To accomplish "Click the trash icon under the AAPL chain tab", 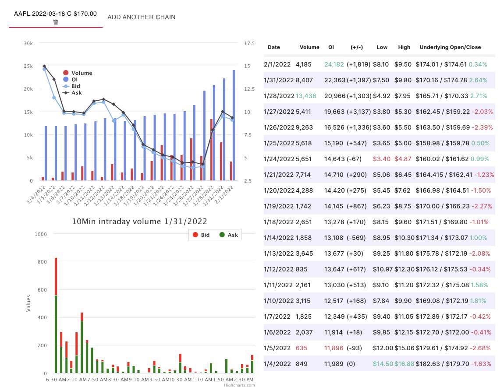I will [x=56, y=22].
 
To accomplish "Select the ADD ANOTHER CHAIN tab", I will [x=141, y=17].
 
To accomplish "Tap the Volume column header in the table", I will [x=309, y=47].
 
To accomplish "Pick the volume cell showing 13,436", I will [x=305, y=95].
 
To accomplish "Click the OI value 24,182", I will [x=334, y=64].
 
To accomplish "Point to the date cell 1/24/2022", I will [x=279, y=158].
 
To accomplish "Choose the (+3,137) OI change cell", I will [x=358, y=111].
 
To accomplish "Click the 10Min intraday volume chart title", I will [x=139, y=222].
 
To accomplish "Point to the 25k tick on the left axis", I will [x=28, y=66].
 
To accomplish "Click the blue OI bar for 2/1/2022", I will [x=234, y=125].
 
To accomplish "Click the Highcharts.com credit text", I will [x=239, y=385].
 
